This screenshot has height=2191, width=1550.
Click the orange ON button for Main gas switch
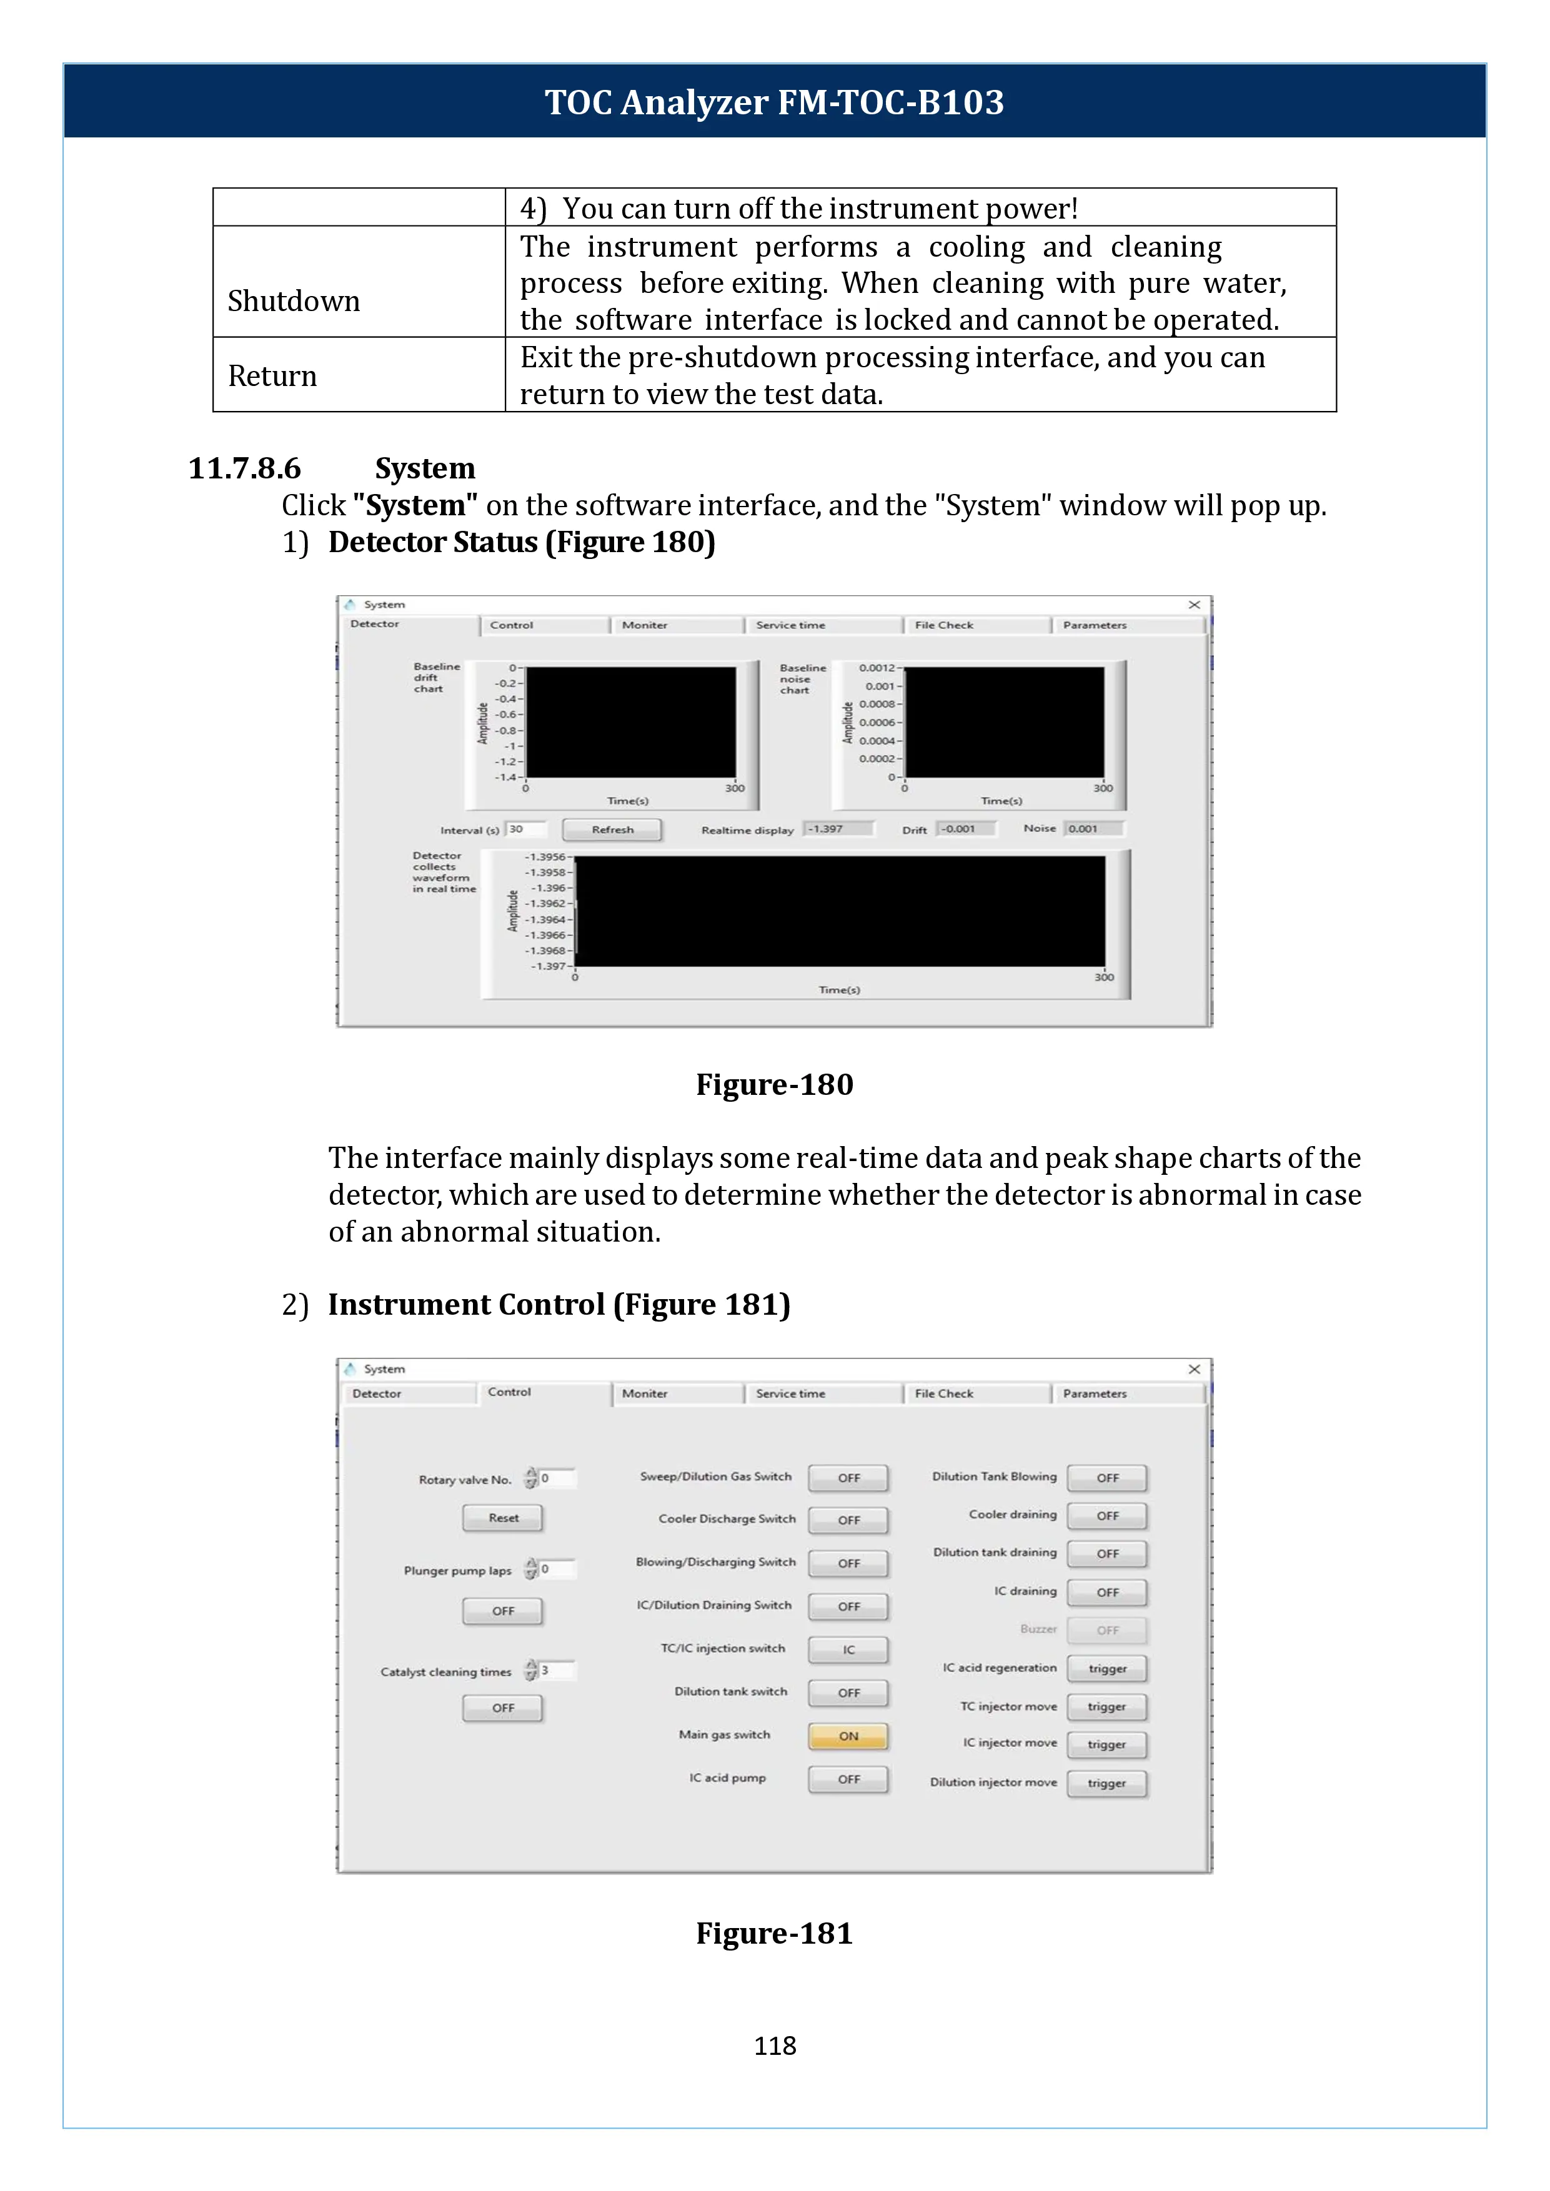848,1736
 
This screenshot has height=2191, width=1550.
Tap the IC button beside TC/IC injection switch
848,1650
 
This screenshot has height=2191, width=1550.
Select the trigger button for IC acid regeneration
1107,1669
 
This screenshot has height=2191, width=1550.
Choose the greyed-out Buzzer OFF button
1107,1631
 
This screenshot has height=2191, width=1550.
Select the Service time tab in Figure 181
791,1393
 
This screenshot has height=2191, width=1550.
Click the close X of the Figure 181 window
1194,1369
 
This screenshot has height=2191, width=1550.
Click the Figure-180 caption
774,1084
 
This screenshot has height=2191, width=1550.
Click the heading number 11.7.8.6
244,468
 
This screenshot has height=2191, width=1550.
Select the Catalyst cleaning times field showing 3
557,1670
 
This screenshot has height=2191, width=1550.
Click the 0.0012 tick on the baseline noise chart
876,668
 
